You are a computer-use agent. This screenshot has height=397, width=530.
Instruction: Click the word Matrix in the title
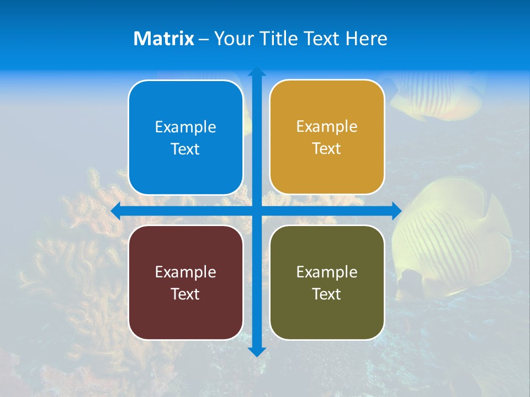[164, 39]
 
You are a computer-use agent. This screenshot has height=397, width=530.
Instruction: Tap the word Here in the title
[366, 39]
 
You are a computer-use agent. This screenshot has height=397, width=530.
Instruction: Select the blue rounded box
[185, 138]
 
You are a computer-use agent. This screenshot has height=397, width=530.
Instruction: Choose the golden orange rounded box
[327, 137]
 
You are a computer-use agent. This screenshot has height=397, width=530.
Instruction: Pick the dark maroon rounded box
[185, 282]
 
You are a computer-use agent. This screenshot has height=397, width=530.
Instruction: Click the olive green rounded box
[327, 282]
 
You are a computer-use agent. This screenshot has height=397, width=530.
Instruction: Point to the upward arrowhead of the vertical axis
[257, 72]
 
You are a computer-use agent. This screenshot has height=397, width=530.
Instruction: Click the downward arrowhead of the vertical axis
[257, 352]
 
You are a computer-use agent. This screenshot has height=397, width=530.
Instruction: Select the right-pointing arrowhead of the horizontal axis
[396, 211]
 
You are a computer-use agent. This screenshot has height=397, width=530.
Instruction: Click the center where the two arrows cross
[257, 211]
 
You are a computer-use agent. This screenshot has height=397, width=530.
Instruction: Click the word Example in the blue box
[185, 127]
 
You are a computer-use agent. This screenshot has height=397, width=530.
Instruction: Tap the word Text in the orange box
[327, 149]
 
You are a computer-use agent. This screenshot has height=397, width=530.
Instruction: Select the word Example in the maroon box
[185, 272]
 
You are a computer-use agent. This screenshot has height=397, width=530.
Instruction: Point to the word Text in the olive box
[327, 294]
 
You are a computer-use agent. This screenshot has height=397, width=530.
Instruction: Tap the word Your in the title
[233, 39]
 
